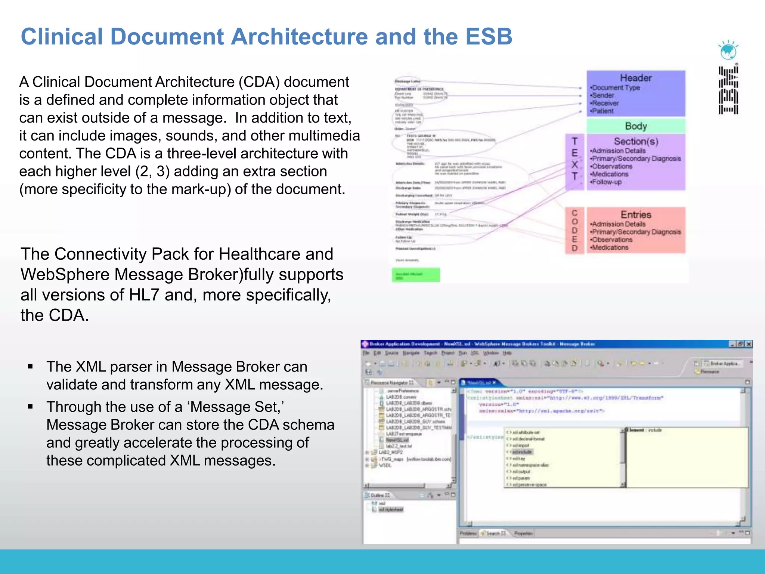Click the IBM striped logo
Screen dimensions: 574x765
tap(728, 90)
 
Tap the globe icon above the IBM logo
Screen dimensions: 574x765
tap(728, 51)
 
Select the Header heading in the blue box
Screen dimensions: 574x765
tap(636, 78)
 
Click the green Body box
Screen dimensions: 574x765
tap(636, 126)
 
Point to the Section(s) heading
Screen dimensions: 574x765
tap(636, 141)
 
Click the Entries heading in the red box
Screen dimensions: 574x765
tap(636, 215)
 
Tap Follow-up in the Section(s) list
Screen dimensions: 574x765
tap(607, 182)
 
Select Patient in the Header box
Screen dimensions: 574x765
tap(603, 111)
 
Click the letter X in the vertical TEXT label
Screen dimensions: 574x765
tap(574, 164)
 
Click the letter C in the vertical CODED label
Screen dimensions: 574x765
tap(574, 213)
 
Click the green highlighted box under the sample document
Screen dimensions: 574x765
tap(416, 275)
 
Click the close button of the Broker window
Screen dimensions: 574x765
tap(749, 344)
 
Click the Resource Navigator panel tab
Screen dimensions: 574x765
tap(391, 383)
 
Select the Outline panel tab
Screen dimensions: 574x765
tap(379, 495)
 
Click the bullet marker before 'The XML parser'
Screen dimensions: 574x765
tap(31, 367)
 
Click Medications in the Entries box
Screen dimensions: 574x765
tap(610, 247)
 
